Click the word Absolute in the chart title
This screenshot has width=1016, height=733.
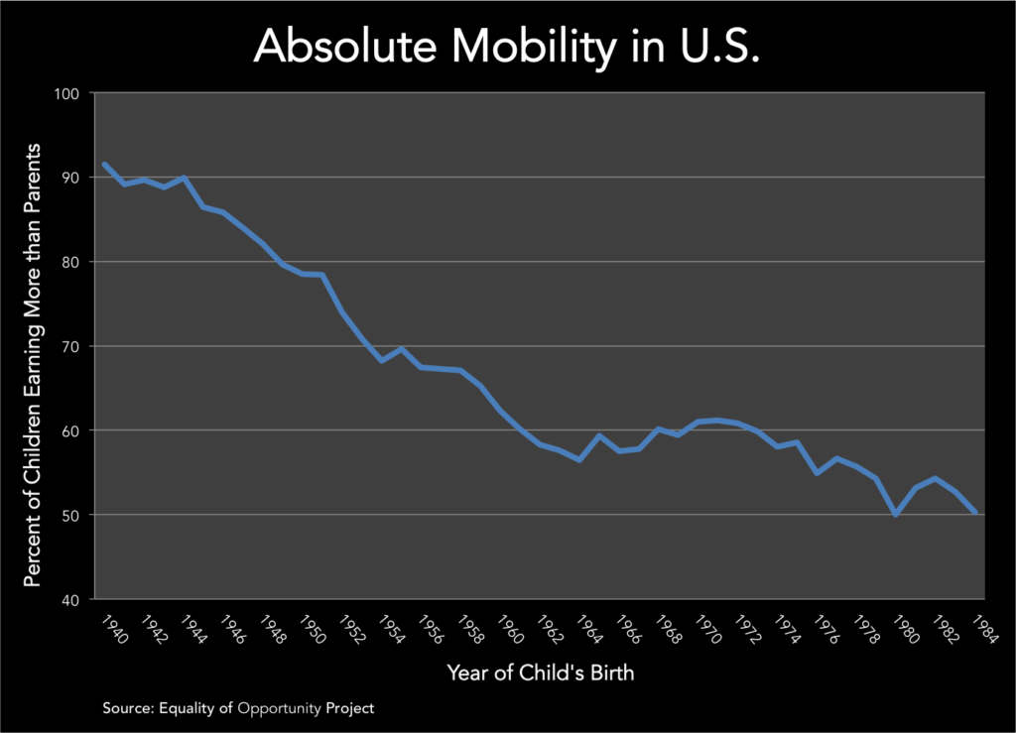click(340, 48)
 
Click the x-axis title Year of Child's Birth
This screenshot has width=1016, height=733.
click(540, 673)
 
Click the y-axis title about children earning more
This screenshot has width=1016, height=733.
click(33, 364)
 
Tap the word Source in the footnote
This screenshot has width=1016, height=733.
click(126, 709)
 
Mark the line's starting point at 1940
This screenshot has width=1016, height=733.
click(104, 164)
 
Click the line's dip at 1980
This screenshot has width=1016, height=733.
click(897, 515)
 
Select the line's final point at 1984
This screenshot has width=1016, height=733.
click(976, 512)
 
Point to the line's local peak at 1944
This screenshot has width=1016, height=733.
click(184, 178)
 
